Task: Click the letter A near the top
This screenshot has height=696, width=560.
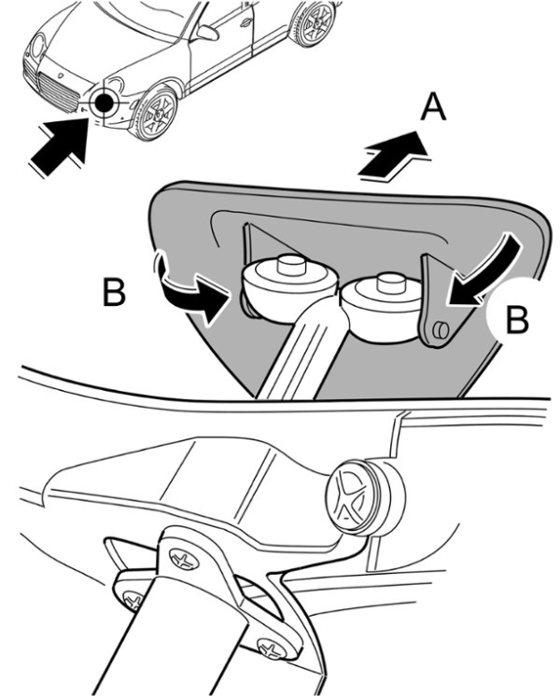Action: coord(432,110)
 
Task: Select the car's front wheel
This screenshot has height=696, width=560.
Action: coord(156,113)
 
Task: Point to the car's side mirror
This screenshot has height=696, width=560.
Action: coord(206,34)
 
